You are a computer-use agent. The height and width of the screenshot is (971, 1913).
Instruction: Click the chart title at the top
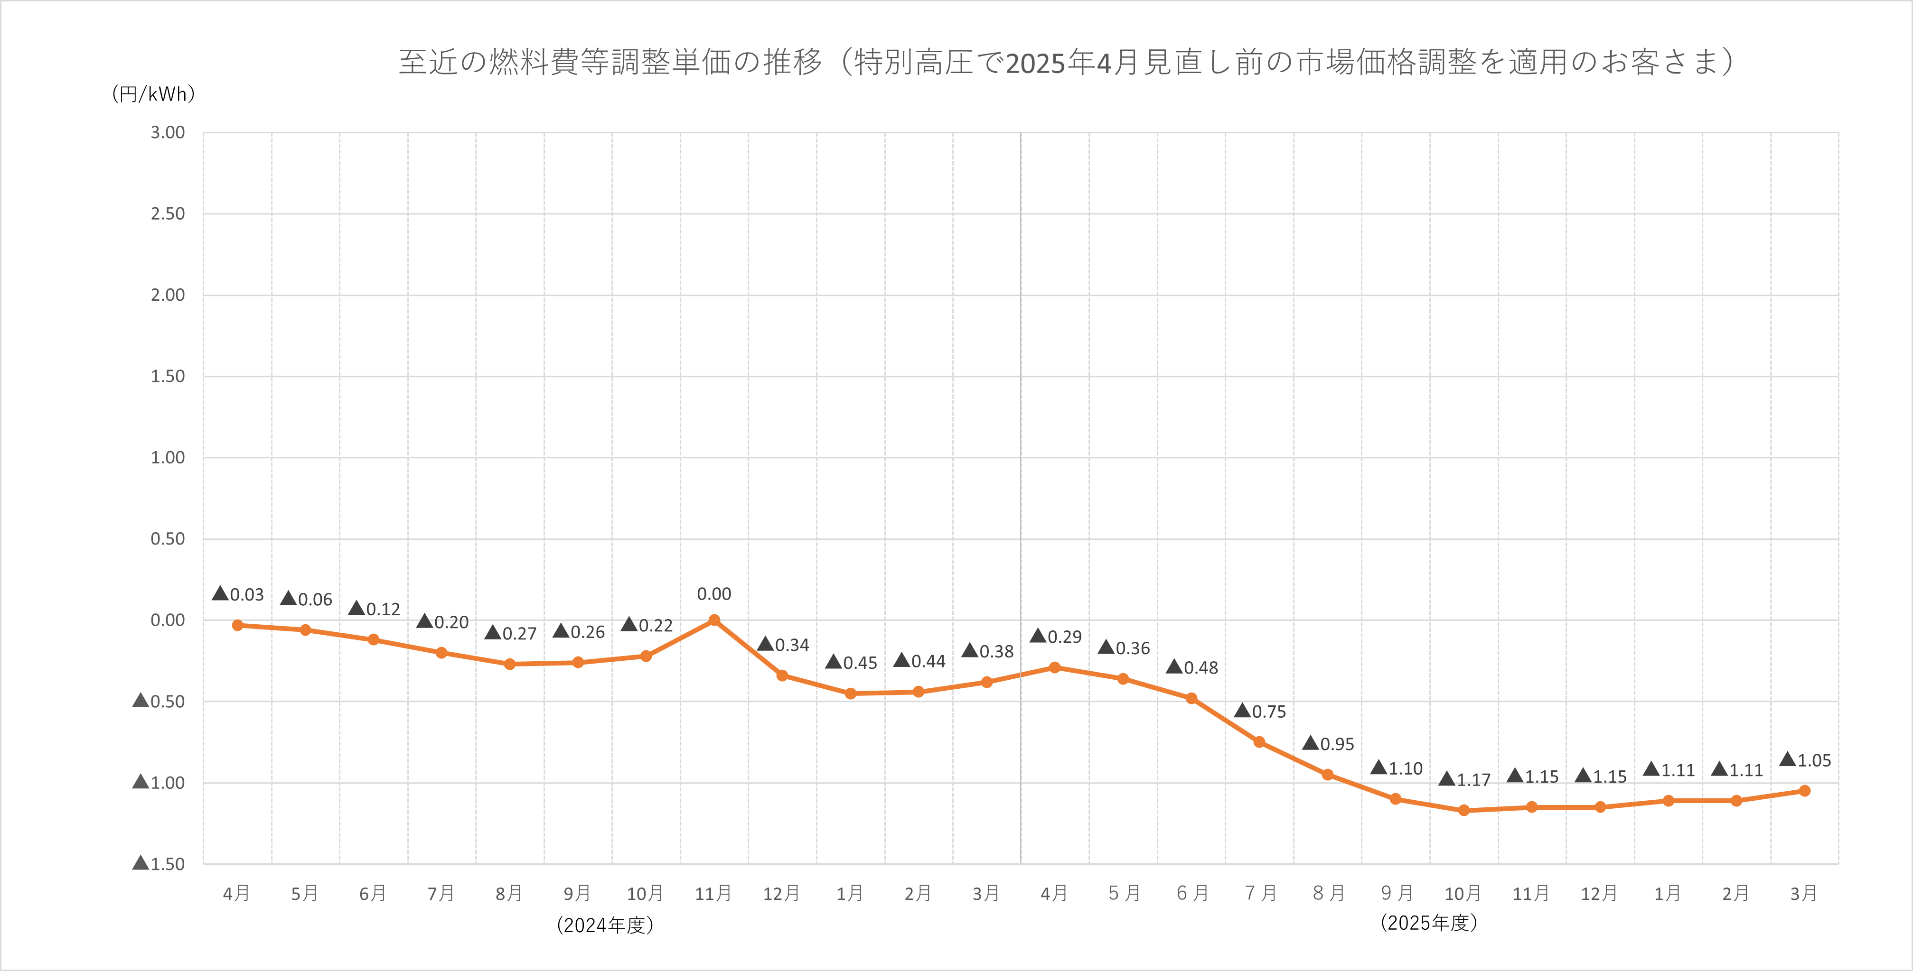pyautogui.click(x=1067, y=62)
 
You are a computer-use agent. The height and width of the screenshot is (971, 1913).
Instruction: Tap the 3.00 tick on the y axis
pyautogui.click(x=168, y=133)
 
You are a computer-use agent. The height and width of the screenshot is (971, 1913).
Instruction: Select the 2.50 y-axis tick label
pyautogui.click(x=168, y=214)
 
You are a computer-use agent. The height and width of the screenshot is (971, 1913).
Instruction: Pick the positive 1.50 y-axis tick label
pyautogui.click(x=168, y=376)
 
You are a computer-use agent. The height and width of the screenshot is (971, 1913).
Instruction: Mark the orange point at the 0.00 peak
pyautogui.click(x=713, y=620)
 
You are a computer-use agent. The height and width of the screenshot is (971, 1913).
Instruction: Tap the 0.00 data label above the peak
pyautogui.click(x=713, y=594)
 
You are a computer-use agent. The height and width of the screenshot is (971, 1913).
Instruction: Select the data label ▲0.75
pyautogui.click(x=1260, y=711)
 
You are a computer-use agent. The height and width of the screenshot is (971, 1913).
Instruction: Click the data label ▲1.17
pyautogui.click(x=1464, y=779)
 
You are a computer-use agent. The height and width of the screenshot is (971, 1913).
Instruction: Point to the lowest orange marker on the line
pyautogui.click(x=1464, y=810)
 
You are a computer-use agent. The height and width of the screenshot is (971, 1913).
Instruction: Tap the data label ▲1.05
pyautogui.click(x=1805, y=760)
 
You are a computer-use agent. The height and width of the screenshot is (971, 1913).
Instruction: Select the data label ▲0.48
pyautogui.click(x=1192, y=667)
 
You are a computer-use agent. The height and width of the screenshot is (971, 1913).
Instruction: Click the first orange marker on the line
pyautogui.click(x=238, y=625)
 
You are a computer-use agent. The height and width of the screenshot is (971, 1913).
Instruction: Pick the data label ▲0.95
pyautogui.click(x=1329, y=744)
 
